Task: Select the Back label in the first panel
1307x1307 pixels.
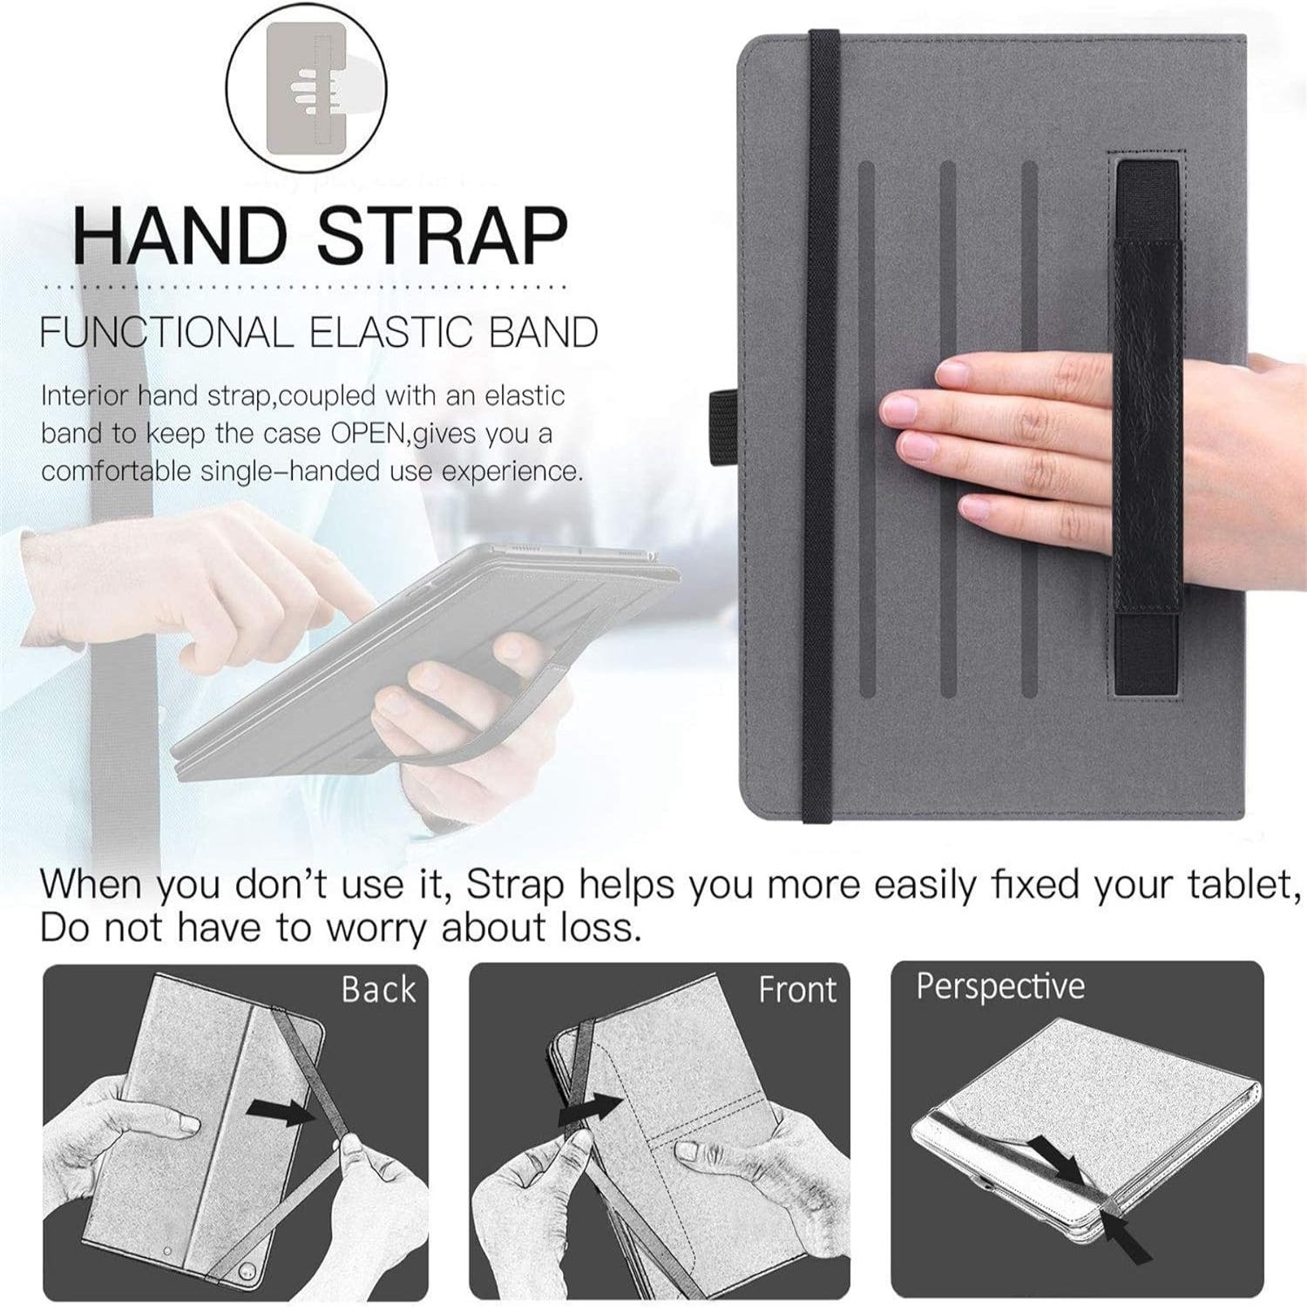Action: pos(378,990)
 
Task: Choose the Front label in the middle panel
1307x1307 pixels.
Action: pos(797,990)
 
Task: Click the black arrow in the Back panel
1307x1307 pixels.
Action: pos(280,1111)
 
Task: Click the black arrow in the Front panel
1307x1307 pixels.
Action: pos(590,1108)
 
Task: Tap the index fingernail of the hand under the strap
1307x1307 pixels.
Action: pos(955,376)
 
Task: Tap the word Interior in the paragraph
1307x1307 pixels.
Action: pos(84,396)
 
